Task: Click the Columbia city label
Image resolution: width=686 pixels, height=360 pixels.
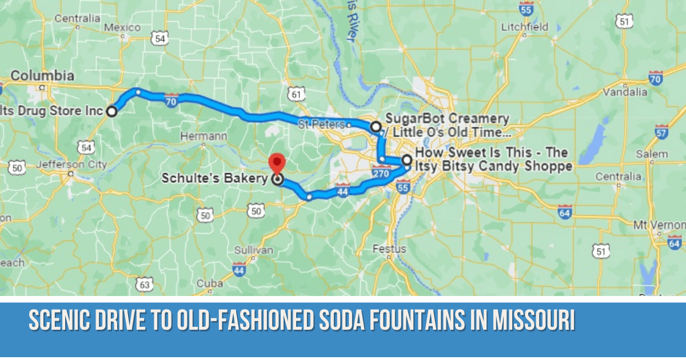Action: (x=42, y=75)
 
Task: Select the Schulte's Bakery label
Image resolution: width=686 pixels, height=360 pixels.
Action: (x=214, y=178)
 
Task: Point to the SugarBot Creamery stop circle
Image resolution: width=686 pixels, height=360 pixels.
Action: (x=376, y=126)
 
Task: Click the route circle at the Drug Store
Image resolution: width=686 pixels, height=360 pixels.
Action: (x=111, y=111)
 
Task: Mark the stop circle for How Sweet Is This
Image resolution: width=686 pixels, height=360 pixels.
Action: (x=406, y=160)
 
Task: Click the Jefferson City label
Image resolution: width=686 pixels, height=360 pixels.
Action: (x=71, y=165)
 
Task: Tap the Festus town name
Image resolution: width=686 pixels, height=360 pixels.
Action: (x=389, y=249)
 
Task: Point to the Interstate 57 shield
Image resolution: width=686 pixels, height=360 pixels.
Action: (x=661, y=133)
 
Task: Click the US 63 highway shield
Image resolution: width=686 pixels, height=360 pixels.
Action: (x=145, y=283)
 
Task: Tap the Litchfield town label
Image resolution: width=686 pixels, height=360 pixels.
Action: (x=524, y=27)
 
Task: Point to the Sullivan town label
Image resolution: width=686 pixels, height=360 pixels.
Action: (x=253, y=250)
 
